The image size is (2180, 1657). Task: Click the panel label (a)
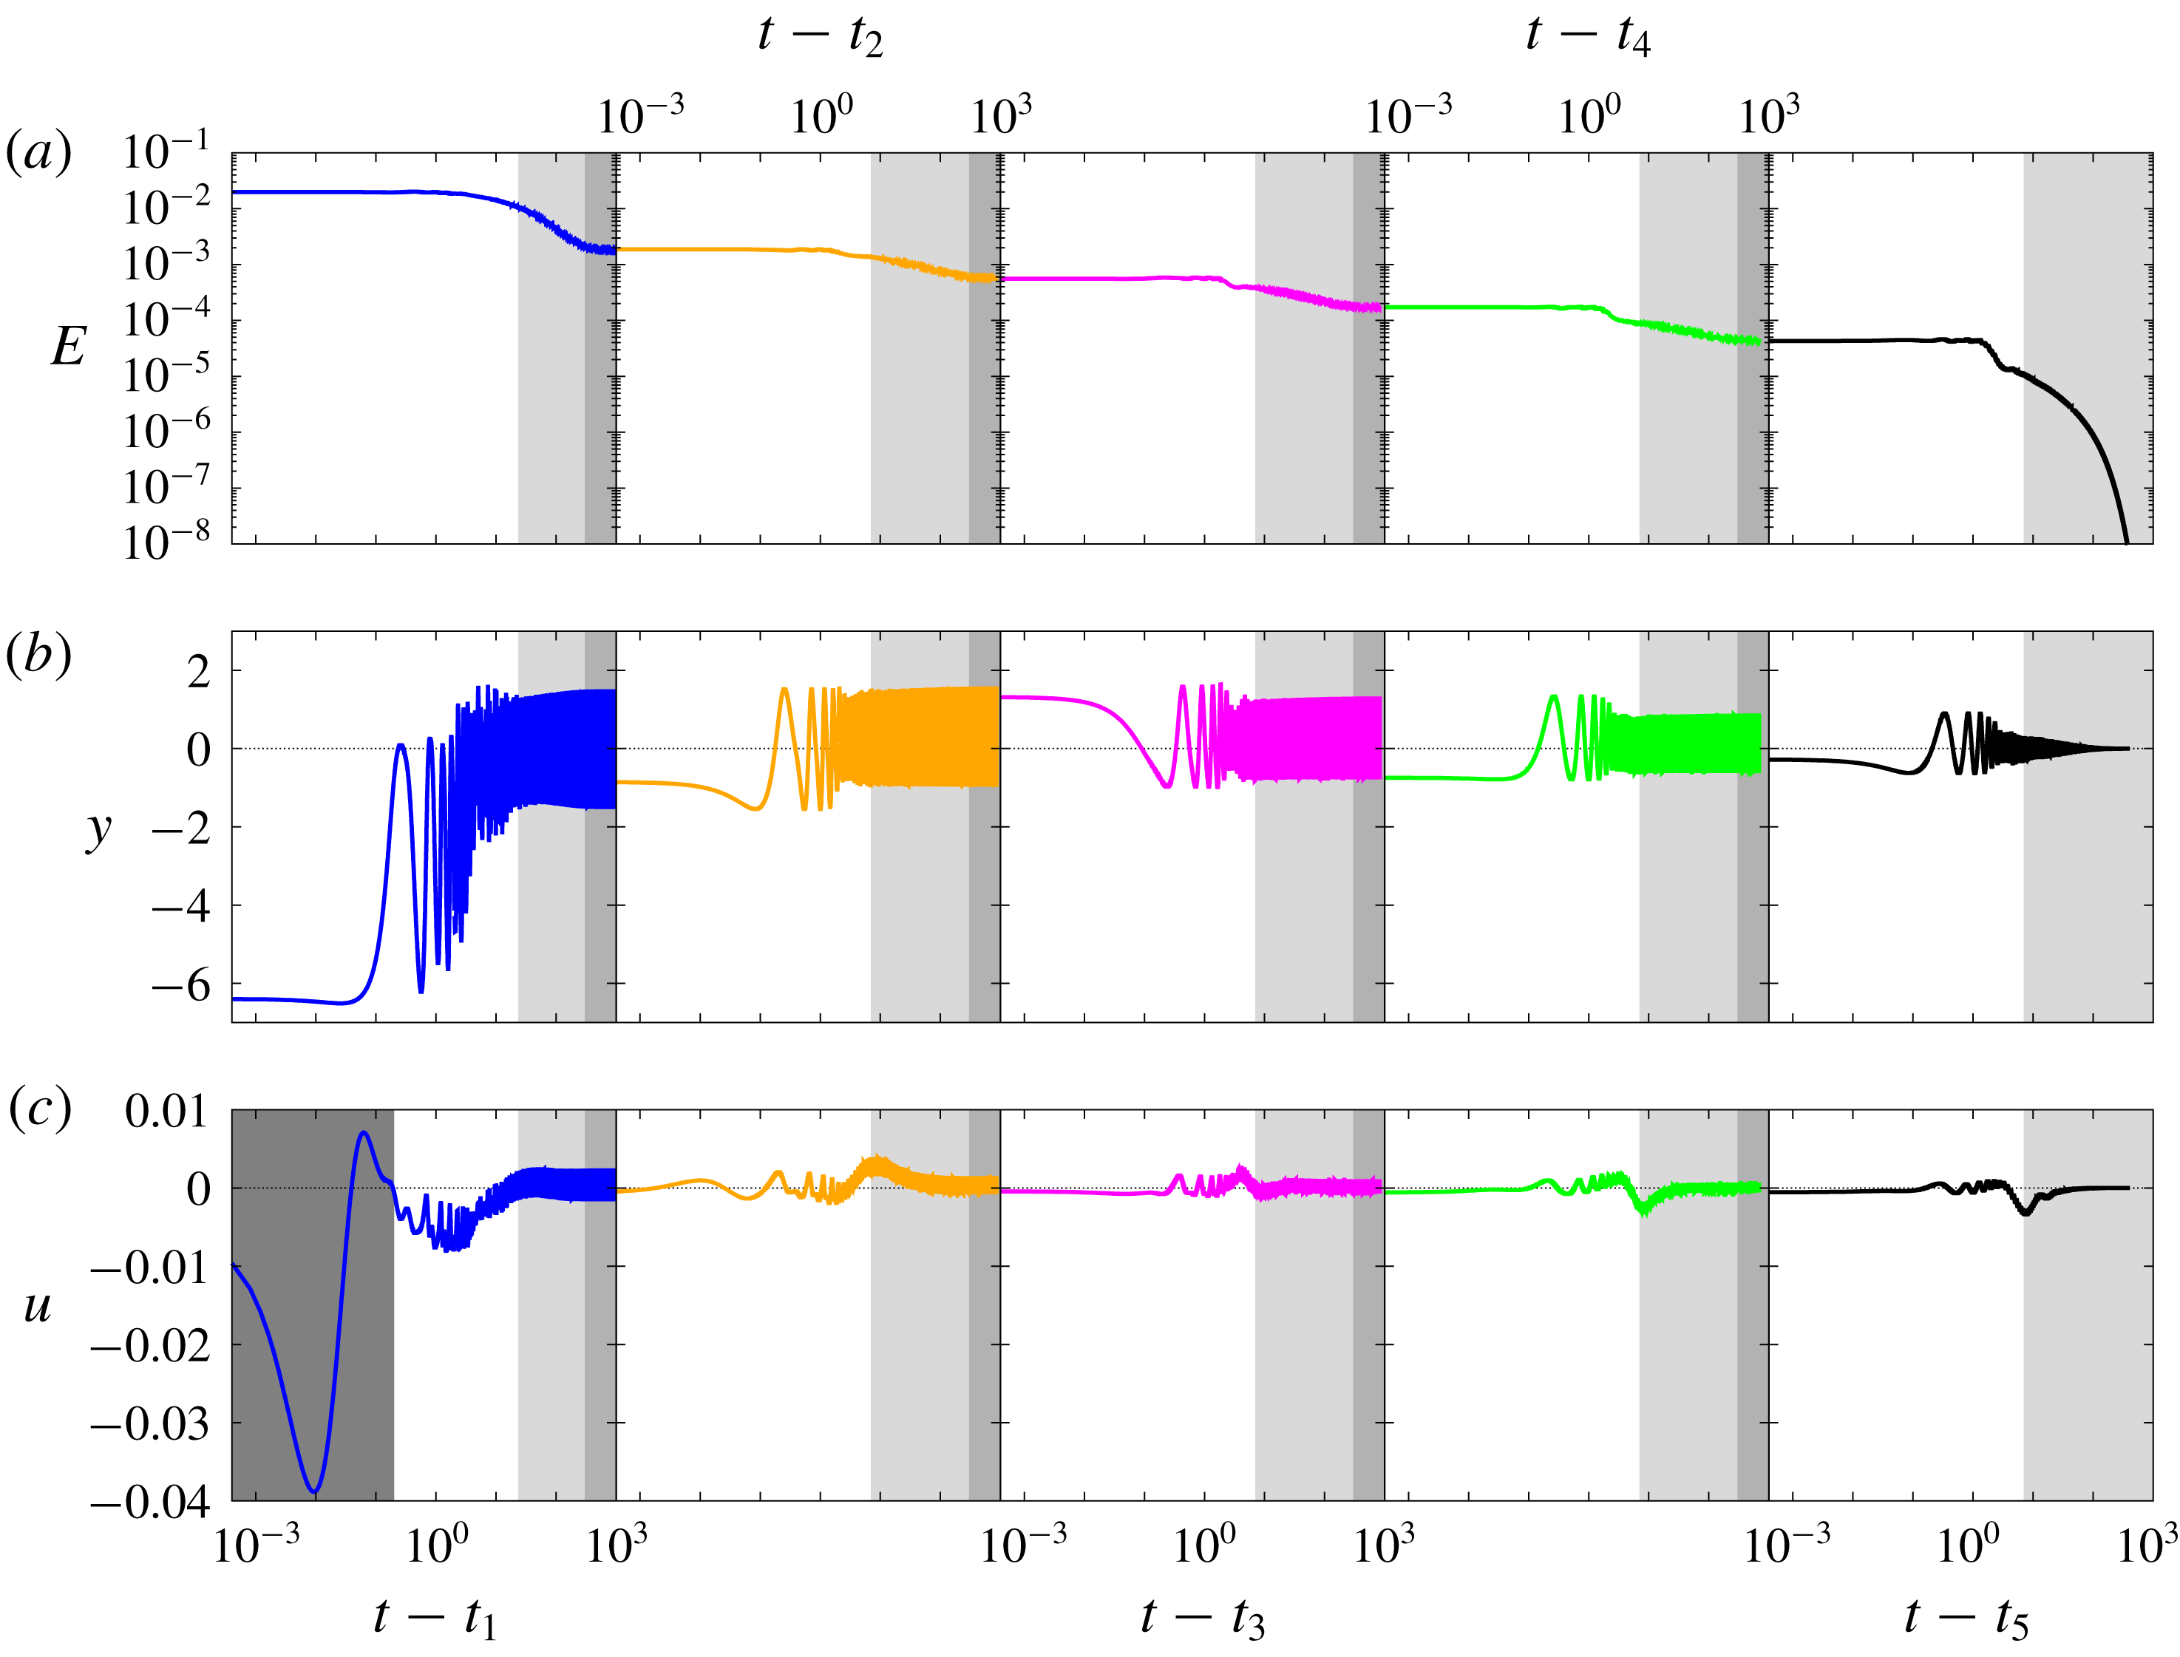38,153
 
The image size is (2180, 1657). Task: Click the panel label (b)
38,654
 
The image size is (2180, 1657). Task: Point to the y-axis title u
38,1307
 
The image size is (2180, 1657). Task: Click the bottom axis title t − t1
434,1619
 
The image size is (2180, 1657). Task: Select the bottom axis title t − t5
1965,1619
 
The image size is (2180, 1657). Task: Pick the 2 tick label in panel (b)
198,673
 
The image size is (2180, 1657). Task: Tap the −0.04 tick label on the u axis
150,1502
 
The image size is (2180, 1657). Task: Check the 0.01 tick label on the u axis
166,1112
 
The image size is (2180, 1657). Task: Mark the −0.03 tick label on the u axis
150,1423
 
